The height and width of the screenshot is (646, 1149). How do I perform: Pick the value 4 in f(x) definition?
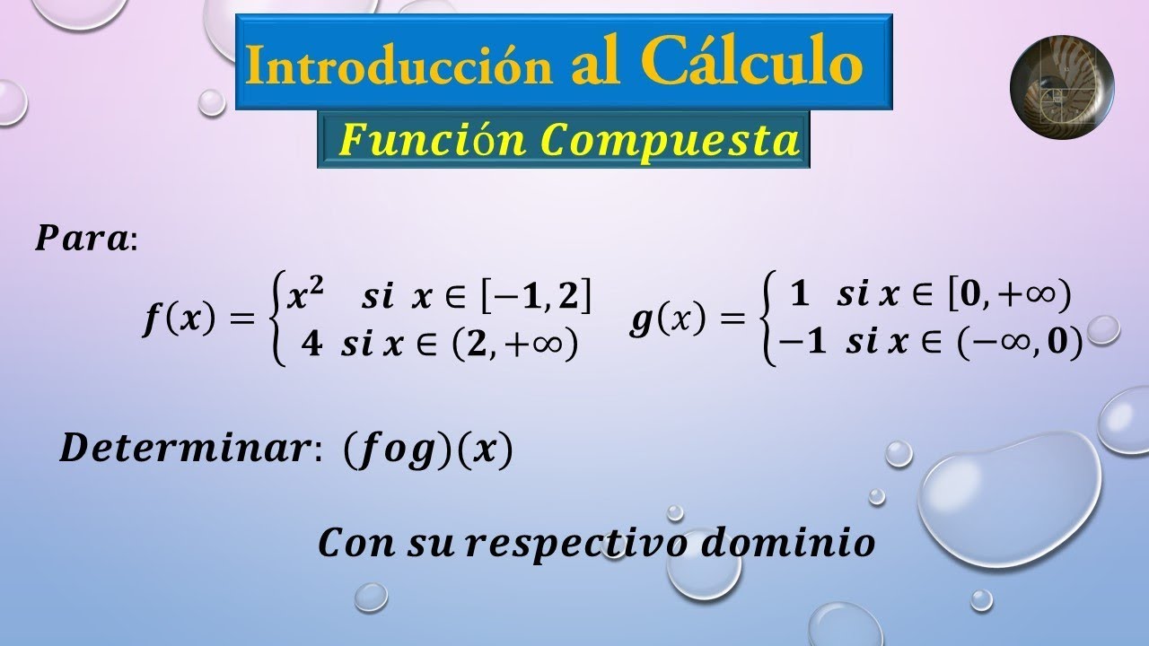311,346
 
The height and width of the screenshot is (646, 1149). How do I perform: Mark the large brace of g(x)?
768,321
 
